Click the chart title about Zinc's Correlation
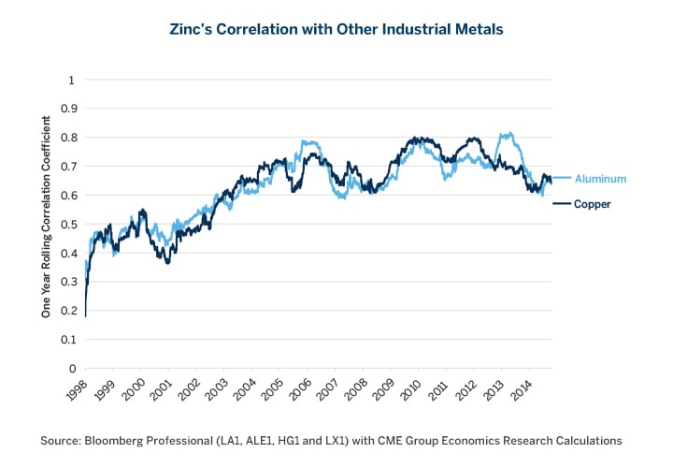coord(336,29)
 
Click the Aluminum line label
coord(600,178)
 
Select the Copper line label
coord(593,204)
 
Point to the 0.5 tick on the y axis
coord(65,224)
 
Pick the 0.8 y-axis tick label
coord(65,138)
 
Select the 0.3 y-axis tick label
coord(65,282)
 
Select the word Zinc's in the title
coord(193,29)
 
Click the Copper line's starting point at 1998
coord(85,316)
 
